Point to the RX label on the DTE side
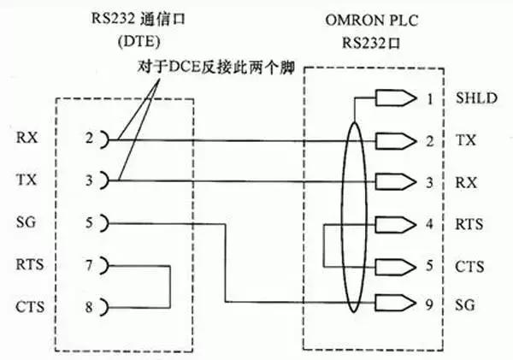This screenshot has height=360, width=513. (x=25, y=138)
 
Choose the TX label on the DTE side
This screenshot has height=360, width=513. (x=25, y=180)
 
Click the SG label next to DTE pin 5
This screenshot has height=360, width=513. (x=25, y=221)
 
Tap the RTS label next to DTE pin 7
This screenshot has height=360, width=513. (x=28, y=265)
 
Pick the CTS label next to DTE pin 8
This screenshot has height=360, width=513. (x=28, y=306)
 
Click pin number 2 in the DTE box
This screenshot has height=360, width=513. (x=88, y=138)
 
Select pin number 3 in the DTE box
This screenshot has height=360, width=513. (x=88, y=180)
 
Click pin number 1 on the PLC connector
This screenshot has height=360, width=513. (x=431, y=99)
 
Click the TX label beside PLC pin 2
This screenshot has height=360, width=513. (x=466, y=139)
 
